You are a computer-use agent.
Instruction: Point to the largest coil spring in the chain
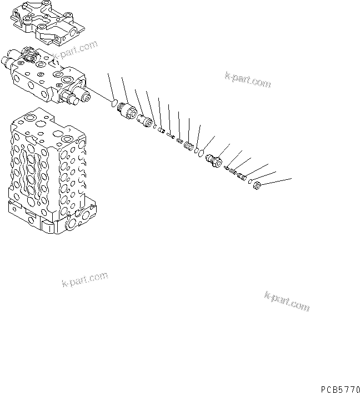188,147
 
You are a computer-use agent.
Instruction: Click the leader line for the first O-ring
110,85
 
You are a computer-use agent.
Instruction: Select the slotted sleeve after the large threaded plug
146,120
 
